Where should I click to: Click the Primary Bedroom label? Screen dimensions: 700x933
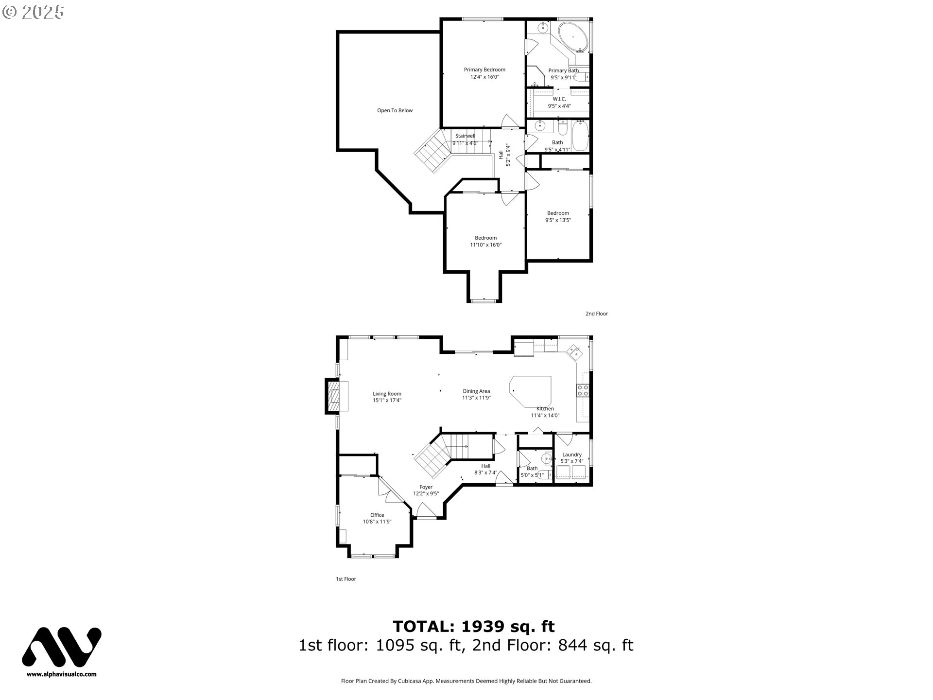click(484, 70)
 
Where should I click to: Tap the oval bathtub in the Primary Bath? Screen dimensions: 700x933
click(572, 36)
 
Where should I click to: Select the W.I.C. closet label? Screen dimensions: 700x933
click(559, 99)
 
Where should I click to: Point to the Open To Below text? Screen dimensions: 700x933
click(395, 110)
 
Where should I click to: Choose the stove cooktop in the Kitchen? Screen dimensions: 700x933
click(582, 390)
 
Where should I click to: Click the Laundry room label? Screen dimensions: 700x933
click(571, 455)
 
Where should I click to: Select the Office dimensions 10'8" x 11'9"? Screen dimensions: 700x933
click(377, 522)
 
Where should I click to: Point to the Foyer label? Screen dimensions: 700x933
click(426, 487)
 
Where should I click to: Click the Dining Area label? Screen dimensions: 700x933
click(476, 391)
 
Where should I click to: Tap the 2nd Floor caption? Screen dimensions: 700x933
click(596, 314)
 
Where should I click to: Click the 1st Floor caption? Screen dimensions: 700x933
click(346, 579)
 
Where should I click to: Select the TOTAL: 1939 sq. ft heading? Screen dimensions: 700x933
click(473, 626)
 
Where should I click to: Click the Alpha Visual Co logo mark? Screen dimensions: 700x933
click(62, 647)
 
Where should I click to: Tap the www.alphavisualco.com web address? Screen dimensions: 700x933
click(62, 674)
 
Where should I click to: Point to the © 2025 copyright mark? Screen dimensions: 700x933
click(33, 12)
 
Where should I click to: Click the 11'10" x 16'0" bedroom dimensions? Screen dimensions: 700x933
click(485, 245)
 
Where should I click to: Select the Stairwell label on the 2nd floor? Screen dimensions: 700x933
click(465, 136)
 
